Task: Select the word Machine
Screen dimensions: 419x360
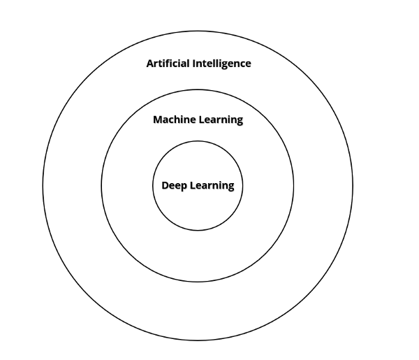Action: (173, 120)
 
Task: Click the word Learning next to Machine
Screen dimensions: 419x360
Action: (220, 120)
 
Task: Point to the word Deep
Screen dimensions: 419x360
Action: (174, 186)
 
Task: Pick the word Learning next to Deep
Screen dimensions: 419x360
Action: (212, 187)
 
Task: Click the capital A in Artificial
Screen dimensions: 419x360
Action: (149, 64)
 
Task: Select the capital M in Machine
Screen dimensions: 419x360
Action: (157, 120)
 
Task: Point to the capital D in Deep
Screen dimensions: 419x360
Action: (165, 185)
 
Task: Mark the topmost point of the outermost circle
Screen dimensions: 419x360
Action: (198, 31)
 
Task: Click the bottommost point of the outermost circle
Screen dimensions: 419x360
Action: (198, 340)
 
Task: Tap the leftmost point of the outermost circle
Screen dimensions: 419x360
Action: (43, 186)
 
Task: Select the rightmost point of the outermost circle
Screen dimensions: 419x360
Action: (353, 186)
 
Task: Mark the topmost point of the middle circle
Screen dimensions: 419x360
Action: (198, 89)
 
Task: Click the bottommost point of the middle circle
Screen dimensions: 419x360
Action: (198, 282)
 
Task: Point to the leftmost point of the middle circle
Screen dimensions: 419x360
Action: (101, 186)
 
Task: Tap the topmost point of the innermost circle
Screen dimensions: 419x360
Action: (198, 141)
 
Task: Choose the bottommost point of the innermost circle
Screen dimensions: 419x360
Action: (198, 231)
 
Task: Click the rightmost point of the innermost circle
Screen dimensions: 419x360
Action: (243, 186)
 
